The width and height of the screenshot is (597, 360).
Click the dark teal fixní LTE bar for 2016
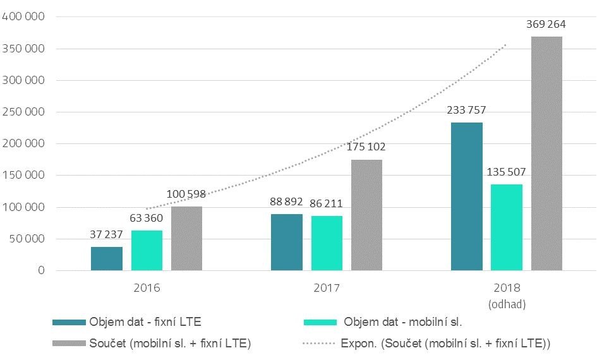coord(107,258)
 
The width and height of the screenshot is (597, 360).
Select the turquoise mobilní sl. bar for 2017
coord(327,243)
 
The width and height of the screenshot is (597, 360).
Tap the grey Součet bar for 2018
coord(546,153)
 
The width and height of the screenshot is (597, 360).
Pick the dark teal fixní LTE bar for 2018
coord(467,196)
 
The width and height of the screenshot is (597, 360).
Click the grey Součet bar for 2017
coord(366,215)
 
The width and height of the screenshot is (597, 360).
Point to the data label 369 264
coord(546,25)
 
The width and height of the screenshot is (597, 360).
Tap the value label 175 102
coord(367,147)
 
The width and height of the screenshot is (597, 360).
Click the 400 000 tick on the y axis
coord(23,16)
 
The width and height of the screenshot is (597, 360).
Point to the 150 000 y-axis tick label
coord(23,175)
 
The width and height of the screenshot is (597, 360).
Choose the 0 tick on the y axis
coord(41,270)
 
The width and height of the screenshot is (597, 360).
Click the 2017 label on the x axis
coord(327,288)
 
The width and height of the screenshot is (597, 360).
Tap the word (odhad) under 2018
coord(507,304)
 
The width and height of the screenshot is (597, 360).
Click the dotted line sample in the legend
coord(319,344)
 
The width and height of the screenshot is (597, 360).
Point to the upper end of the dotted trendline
coord(506,45)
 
